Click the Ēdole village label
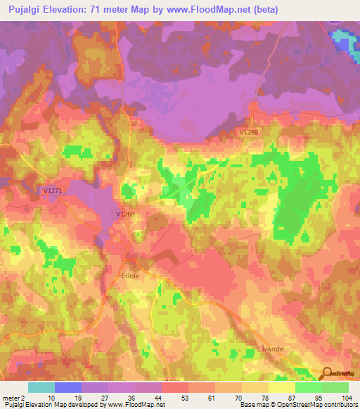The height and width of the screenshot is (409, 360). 131,276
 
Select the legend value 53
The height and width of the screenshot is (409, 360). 174,397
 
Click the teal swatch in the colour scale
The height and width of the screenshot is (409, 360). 41,387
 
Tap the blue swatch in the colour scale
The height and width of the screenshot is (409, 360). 68,387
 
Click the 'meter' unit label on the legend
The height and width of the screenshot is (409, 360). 10,397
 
